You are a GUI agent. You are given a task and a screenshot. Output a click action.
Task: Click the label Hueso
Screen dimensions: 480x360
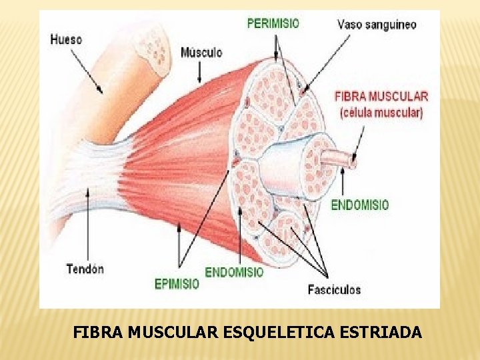coord(66,39)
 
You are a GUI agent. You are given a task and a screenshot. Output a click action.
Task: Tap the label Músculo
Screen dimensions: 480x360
coord(201,52)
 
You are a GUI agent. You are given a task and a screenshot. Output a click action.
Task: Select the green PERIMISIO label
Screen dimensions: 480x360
coord(273,23)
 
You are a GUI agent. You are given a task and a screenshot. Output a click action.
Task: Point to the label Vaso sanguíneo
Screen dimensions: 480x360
coord(377,25)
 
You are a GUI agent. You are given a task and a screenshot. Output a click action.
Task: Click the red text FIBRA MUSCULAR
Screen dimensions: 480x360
coord(381,96)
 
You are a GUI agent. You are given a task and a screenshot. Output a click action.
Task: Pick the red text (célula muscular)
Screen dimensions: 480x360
coord(381,113)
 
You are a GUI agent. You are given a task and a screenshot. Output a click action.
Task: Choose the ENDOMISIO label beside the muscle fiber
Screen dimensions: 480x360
coord(360,205)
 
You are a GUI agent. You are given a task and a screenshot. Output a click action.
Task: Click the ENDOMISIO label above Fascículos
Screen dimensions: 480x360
coord(234,272)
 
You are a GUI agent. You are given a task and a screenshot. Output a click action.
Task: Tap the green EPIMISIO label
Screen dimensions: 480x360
coord(177,284)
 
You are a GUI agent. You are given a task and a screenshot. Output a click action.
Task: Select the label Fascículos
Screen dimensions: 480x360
coord(334,289)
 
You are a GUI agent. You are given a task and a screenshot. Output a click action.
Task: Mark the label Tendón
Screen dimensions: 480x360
coord(85,269)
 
